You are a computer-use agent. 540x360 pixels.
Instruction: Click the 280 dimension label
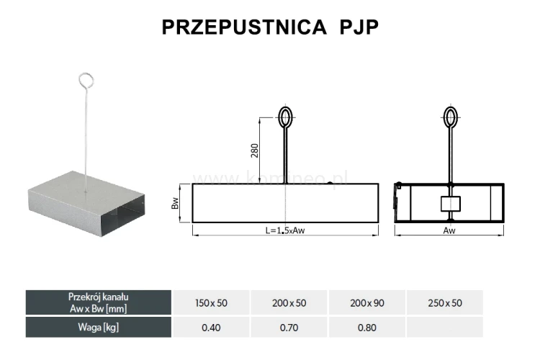tap(255, 150)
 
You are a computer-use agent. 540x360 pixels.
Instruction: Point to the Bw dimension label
tap(175, 204)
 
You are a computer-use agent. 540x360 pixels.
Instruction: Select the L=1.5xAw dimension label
tap(286, 231)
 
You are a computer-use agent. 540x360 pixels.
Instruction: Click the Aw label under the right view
tap(450, 231)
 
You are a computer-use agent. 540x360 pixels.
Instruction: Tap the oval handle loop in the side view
tap(286, 117)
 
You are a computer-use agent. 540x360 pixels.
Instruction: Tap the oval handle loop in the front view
tap(450, 117)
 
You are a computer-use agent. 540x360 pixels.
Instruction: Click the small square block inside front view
tap(450, 204)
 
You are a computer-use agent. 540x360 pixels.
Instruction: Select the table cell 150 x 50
tap(211, 303)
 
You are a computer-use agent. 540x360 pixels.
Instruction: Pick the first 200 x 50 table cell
tap(289, 303)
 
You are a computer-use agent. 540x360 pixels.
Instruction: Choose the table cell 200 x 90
tap(367, 303)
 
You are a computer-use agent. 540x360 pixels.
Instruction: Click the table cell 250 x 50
tap(445, 303)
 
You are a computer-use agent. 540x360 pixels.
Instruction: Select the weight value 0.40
tap(211, 328)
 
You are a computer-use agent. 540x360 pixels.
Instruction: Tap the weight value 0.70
tap(289, 328)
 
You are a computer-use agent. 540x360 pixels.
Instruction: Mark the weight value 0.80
tap(367, 328)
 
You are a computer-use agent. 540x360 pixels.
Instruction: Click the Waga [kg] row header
tap(99, 328)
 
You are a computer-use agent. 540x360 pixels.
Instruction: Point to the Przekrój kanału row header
tap(99, 302)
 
